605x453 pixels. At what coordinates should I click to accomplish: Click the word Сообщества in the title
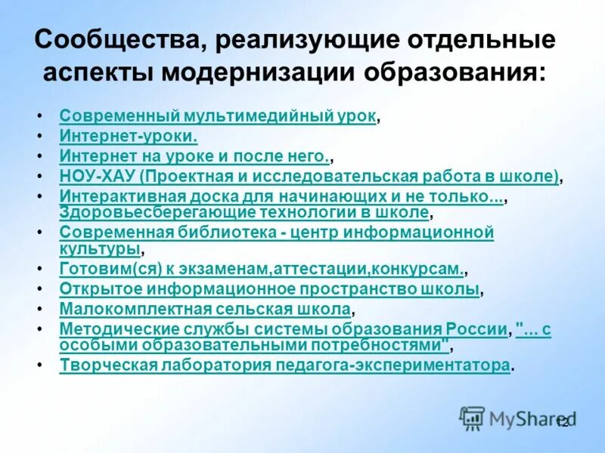(113, 40)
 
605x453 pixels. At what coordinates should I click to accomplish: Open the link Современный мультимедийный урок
(218, 117)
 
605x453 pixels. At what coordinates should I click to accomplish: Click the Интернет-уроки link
(129, 137)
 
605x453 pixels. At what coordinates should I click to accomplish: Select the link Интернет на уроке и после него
(194, 156)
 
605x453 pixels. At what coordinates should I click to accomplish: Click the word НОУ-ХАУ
(96, 177)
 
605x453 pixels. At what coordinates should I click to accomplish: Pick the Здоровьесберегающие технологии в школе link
(244, 212)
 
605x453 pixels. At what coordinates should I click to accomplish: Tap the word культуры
(100, 248)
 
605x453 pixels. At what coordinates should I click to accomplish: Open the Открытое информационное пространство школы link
(269, 289)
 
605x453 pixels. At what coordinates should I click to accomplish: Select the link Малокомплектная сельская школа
(205, 309)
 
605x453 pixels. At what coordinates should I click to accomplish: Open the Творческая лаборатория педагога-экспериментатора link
(284, 365)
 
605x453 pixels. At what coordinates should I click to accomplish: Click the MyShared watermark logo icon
(473, 418)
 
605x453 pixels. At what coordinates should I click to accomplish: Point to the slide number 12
(562, 423)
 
